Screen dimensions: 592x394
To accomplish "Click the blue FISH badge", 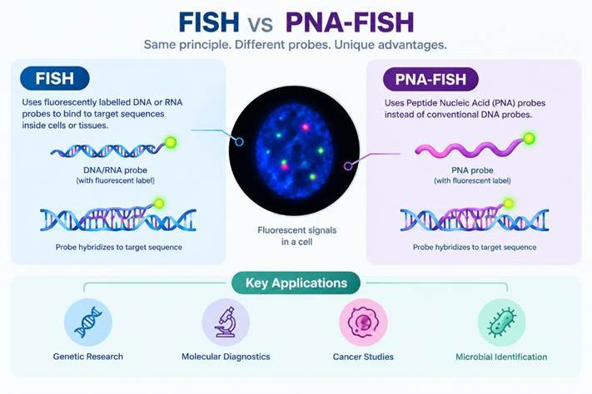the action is pyautogui.click(x=55, y=78).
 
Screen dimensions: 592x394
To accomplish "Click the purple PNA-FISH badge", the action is pyautogui.click(x=430, y=79).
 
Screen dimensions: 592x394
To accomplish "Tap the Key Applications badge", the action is pyautogui.click(x=296, y=283).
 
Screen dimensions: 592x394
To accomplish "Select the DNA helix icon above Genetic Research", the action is pyautogui.click(x=88, y=323).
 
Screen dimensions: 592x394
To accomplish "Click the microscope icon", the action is pyautogui.click(x=226, y=323).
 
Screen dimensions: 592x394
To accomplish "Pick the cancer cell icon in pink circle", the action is pyautogui.click(x=363, y=323).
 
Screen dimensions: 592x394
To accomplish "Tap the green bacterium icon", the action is pyautogui.click(x=501, y=323).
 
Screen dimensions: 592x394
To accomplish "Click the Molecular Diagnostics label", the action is pyautogui.click(x=226, y=357).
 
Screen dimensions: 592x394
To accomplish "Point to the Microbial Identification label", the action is pyautogui.click(x=501, y=357).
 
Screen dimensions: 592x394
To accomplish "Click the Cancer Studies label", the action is pyautogui.click(x=363, y=357).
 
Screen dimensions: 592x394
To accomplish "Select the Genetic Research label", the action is pyautogui.click(x=88, y=357).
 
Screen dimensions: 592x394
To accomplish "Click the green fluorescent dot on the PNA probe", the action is pyautogui.click(x=530, y=139).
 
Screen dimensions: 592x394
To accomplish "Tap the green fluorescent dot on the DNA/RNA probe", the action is pyautogui.click(x=171, y=142).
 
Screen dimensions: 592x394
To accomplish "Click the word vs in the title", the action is pyautogui.click(x=261, y=24).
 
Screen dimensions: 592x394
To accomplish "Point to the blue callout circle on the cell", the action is pyautogui.click(x=239, y=142).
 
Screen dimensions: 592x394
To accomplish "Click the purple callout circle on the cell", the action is pyautogui.click(x=348, y=165).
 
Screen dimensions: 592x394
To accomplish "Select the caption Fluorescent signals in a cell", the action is pyautogui.click(x=296, y=236).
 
